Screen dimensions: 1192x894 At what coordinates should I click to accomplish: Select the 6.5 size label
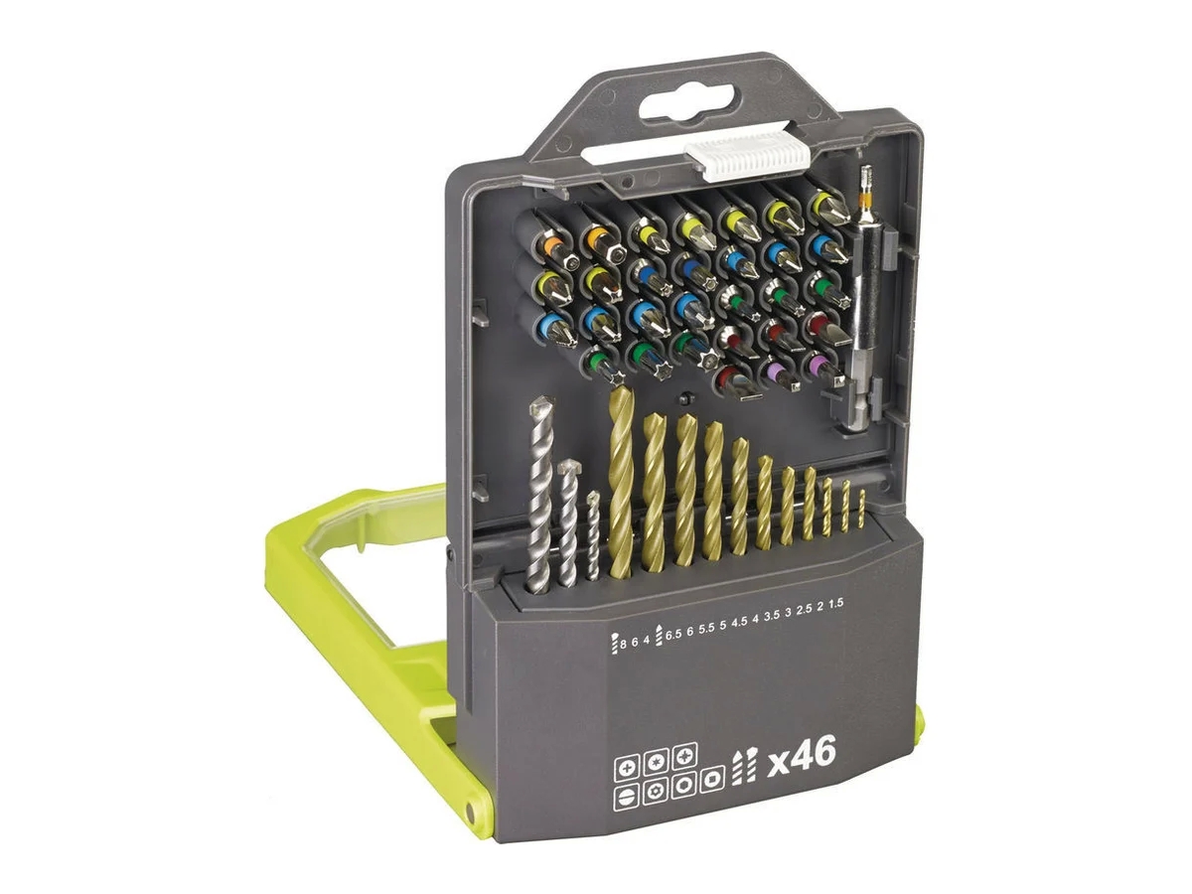(672, 640)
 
